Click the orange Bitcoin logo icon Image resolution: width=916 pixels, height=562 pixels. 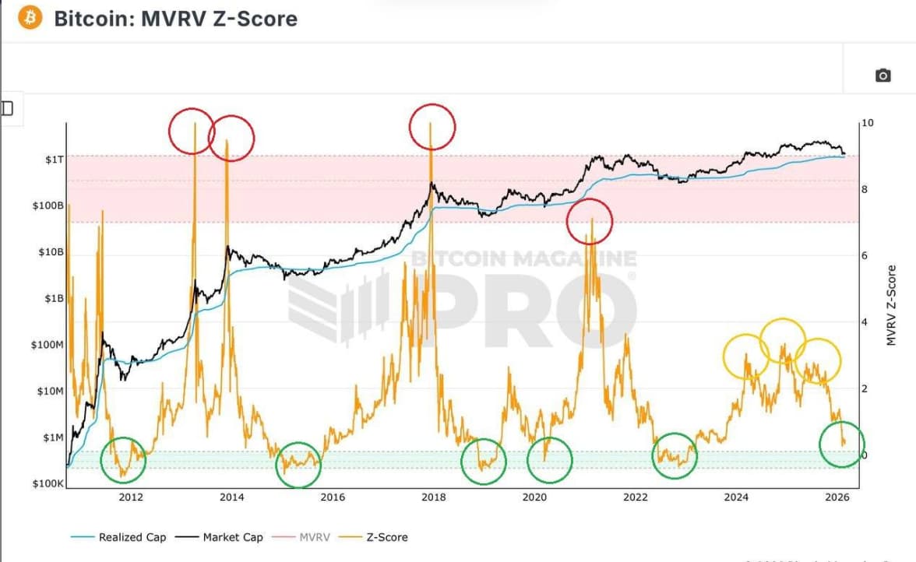point(30,18)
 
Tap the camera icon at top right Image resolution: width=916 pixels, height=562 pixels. point(883,76)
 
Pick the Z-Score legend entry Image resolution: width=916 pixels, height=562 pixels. point(382,537)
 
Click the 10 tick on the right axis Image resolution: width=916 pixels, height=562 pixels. point(868,124)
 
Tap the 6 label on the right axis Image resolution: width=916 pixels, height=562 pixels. point(864,256)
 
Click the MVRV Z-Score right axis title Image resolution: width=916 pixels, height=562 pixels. point(891,306)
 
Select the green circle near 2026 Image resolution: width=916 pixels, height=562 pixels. point(842,444)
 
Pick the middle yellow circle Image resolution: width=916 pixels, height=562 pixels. point(782,341)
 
